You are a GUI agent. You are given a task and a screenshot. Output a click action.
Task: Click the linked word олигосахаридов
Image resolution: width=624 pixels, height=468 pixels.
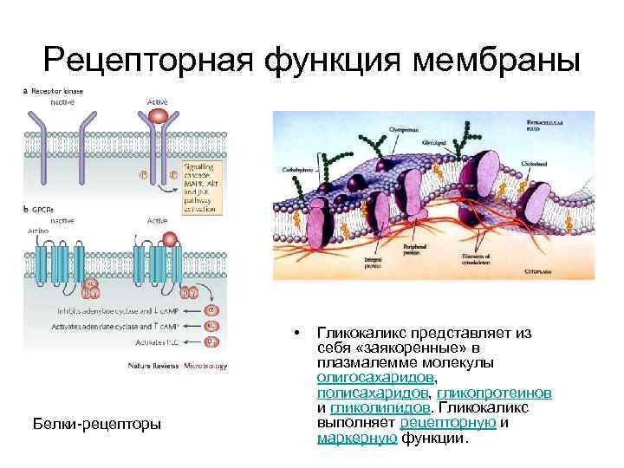[x=374, y=377]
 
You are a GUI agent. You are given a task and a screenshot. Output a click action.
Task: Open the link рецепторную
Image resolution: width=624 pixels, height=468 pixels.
[x=448, y=423]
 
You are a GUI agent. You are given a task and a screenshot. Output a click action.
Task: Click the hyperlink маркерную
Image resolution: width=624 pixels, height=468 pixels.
[x=357, y=438]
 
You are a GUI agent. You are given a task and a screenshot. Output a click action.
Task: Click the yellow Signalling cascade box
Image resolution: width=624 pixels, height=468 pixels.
[x=202, y=186]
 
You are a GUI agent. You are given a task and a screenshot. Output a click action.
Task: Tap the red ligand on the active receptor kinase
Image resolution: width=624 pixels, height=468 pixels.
[x=157, y=114]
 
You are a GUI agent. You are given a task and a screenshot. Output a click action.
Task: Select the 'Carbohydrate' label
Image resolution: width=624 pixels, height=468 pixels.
[x=296, y=170]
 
